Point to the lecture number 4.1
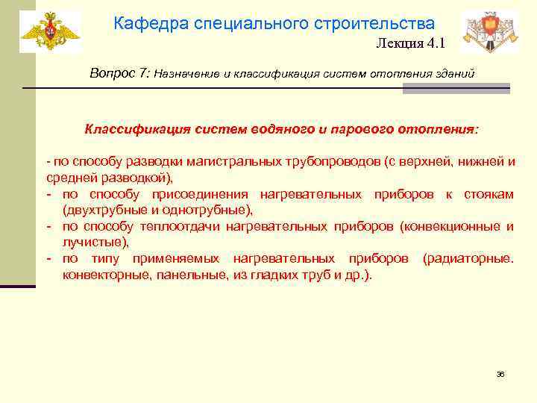[436, 43]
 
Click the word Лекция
[398, 43]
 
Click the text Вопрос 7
[119, 74]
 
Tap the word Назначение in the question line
[186, 75]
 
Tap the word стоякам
[489, 194]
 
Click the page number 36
[500, 374]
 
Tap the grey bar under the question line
[456, 89]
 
